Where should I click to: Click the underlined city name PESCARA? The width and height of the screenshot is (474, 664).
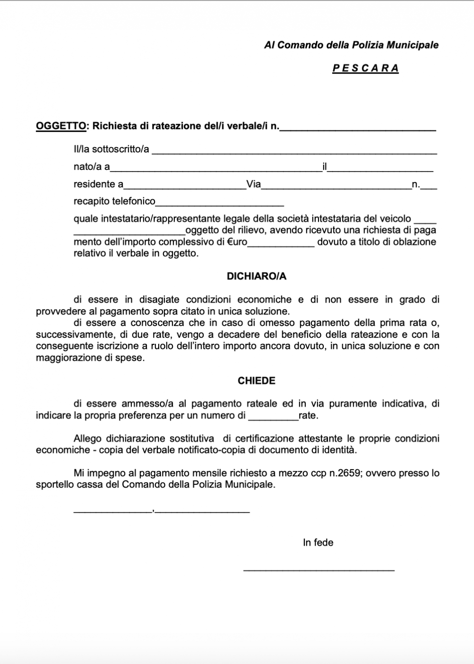(x=365, y=68)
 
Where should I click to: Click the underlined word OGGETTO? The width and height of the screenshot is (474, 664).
(x=61, y=126)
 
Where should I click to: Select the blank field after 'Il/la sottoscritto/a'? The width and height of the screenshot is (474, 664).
(x=294, y=151)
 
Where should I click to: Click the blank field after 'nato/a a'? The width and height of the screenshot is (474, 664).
(x=216, y=168)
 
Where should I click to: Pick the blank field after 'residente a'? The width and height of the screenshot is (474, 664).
(x=185, y=186)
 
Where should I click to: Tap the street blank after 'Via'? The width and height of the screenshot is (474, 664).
(x=336, y=186)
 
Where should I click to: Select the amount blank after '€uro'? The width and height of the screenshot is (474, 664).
(x=281, y=244)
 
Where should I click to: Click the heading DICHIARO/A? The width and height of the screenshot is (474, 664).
(x=256, y=277)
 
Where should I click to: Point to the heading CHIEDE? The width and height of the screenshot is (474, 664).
(x=256, y=381)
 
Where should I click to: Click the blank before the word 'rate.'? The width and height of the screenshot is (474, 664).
(x=273, y=417)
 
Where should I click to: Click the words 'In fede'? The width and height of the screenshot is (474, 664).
(x=318, y=543)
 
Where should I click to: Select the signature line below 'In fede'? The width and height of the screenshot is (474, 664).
(x=319, y=568)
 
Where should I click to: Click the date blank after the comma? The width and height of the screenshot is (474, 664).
(x=202, y=510)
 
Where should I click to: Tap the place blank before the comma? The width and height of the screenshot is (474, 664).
(x=112, y=510)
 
